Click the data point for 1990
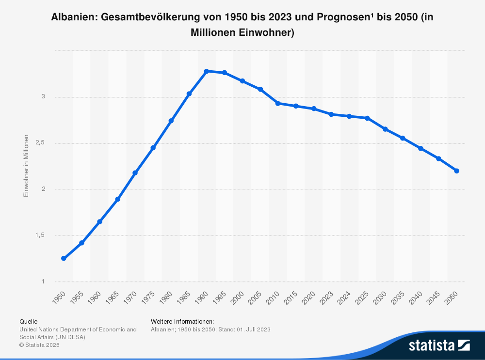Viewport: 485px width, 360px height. (x=207, y=71)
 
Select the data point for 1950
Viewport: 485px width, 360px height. (x=64, y=258)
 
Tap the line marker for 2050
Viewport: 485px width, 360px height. (x=456, y=171)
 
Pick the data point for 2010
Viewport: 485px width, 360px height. (x=278, y=103)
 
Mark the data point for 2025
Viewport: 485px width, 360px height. (x=367, y=118)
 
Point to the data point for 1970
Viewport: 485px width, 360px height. (x=135, y=172)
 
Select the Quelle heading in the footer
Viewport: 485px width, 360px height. (x=28, y=321)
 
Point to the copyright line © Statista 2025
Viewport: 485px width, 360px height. (x=39, y=345)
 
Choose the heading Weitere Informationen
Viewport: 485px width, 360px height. (x=182, y=321)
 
